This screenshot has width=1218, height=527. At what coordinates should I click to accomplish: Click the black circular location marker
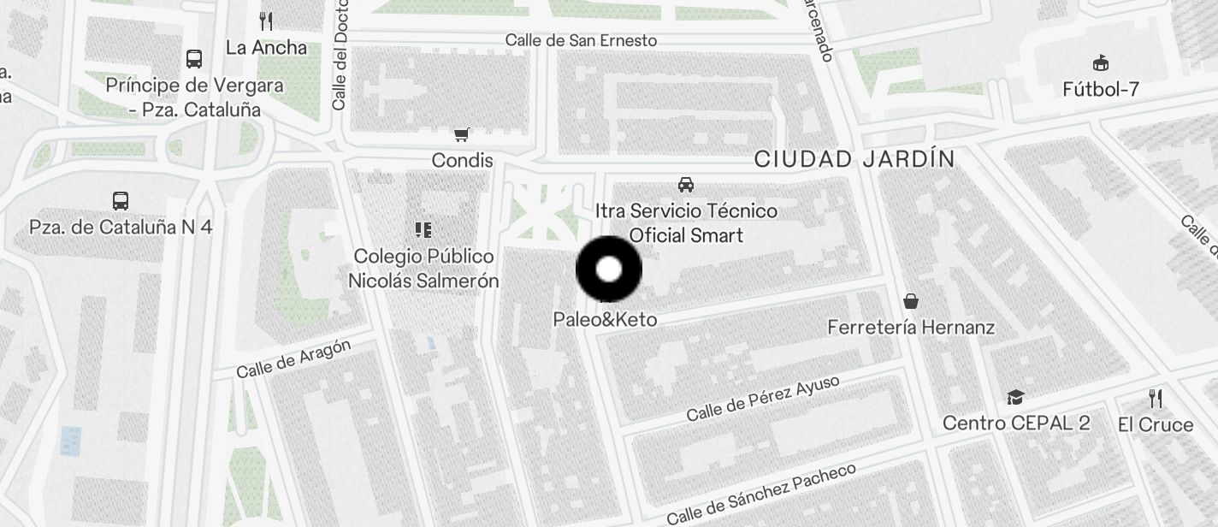[x=608, y=269]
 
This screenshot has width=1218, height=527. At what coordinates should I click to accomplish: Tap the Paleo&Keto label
[x=605, y=320]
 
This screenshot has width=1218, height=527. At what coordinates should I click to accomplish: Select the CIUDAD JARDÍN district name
[x=854, y=159]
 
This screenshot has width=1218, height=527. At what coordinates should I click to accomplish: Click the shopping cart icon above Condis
[x=462, y=134]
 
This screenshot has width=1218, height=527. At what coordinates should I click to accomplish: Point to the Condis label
[x=462, y=161]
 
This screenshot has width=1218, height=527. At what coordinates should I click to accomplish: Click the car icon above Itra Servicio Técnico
[x=686, y=184]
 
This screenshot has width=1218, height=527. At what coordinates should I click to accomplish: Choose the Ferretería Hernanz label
[x=911, y=328]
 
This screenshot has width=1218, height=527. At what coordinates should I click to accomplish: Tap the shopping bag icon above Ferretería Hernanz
[x=911, y=301]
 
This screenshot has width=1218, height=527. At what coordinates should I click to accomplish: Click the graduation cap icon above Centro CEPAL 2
[x=1015, y=397]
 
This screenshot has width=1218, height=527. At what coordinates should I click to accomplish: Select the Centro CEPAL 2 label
[x=1016, y=423]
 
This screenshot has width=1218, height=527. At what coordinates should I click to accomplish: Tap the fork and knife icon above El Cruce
[x=1156, y=398]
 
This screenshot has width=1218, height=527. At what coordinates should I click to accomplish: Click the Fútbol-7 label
[x=1101, y=89]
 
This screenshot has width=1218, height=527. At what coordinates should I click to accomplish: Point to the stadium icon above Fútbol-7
[x=1101, y=62]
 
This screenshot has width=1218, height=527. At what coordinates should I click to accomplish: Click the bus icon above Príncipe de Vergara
[x=194, y=59]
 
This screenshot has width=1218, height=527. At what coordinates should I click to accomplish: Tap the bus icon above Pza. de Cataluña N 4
[x=121, y=201]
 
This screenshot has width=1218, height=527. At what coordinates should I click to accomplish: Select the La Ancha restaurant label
[x=266, y=48]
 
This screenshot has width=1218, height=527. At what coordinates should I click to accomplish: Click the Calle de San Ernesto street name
[x=581, y=40]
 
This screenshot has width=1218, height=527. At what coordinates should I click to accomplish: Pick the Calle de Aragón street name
[x=293, y=359]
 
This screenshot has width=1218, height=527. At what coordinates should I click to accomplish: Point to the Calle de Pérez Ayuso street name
[x=763, y=399]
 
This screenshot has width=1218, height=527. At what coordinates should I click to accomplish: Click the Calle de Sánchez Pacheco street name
[x=760, y=494]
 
